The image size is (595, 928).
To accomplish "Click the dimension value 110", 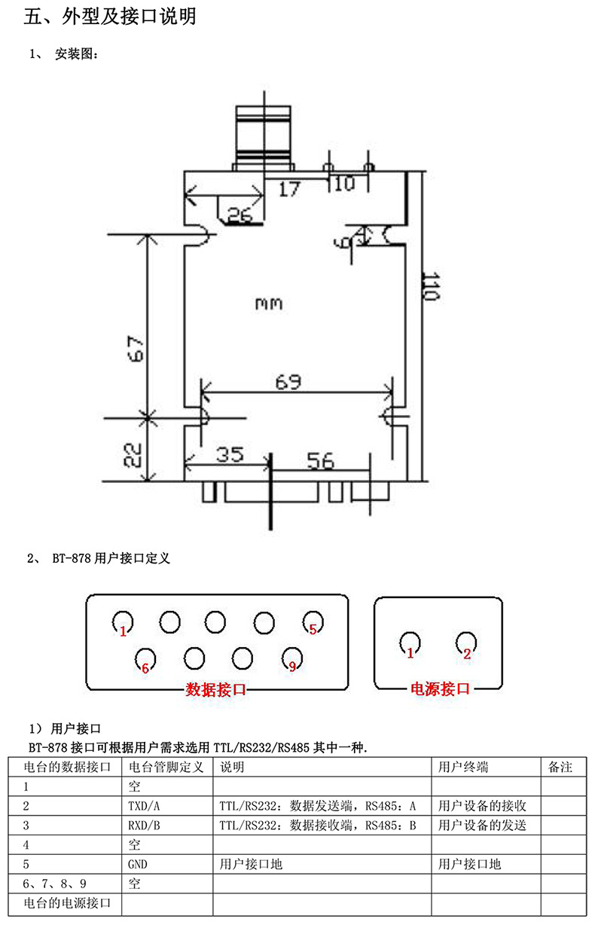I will [430, 287].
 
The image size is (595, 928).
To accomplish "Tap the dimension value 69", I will [288, 382].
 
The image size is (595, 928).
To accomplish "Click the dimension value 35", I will [230, 455].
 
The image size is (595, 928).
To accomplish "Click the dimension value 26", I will [239, 216].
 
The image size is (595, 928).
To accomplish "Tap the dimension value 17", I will [288, 189].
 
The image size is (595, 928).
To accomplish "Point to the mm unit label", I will [268, 304].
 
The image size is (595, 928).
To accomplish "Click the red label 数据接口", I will [216, 689].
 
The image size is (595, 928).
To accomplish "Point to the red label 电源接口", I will [440, 688].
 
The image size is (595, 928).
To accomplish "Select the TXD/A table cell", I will [145, 806].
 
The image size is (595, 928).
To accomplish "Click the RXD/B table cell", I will [145, 826].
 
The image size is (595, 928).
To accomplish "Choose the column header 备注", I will [561, 768].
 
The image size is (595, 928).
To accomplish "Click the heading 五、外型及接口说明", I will [110, 17].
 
